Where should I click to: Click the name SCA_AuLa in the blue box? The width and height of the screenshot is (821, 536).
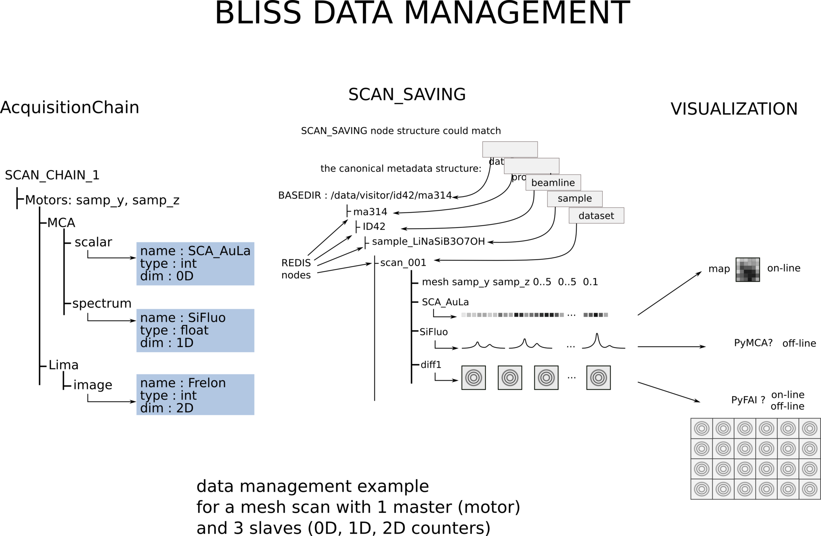219,251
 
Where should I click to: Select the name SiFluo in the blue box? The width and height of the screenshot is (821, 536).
206,318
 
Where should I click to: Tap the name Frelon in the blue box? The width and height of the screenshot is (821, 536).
206,383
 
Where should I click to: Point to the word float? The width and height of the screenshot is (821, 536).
194,330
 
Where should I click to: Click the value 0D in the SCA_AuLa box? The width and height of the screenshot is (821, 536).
185,276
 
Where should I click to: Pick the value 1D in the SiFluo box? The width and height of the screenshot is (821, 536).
185,343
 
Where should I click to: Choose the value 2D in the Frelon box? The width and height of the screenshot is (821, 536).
185,408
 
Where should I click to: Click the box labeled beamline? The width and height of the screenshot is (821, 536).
553,183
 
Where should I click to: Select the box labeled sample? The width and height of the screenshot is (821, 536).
574,199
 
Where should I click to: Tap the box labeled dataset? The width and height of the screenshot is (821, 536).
596,216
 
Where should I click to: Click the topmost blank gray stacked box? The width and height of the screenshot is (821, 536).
510,149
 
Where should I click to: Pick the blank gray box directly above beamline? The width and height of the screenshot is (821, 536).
531,166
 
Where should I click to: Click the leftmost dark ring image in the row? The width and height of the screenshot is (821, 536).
473,378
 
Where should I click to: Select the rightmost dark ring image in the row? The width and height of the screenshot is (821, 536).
598,378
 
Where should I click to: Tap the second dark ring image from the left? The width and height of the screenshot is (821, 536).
510,378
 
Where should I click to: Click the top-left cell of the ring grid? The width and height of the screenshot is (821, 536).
702,428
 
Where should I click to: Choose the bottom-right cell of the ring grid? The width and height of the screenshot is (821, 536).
809,489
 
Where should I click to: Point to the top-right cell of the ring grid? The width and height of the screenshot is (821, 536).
809,428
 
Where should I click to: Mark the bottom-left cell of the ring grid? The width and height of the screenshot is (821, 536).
702,489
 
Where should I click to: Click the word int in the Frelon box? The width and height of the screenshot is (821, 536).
188,395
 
